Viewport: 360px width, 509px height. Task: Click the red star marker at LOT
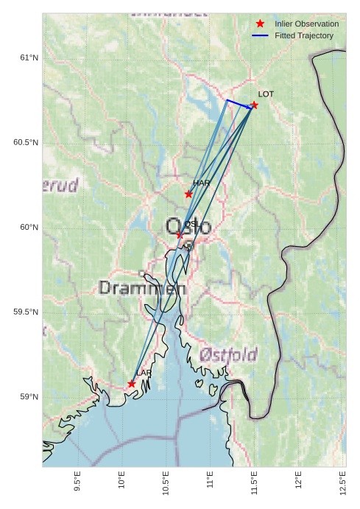point(254,105)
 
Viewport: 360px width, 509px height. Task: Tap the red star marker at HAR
point(188,194)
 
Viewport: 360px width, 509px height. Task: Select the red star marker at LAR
point(131,384)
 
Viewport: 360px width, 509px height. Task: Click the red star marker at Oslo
point(179,235)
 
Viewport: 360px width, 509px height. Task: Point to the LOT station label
point(266,94)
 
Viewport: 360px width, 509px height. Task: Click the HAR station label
point(202,183)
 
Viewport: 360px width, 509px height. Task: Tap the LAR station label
point(144,373)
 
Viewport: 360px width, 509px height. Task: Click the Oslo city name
point(188,226)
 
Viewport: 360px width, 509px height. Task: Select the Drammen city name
point(142,288)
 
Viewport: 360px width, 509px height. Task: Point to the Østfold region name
point(227,355)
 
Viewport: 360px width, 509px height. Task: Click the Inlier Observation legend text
point(306,24)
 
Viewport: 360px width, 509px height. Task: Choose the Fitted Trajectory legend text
point(303,35)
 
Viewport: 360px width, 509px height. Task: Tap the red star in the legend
point(260,24)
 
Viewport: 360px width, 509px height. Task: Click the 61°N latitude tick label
point(29,57)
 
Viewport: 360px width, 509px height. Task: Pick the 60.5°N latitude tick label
point(26,142)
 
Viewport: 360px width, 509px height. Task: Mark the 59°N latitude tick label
point(29,397)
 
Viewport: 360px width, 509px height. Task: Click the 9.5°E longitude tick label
point(78,482)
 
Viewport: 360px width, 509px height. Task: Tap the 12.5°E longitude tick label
point(342,482)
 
